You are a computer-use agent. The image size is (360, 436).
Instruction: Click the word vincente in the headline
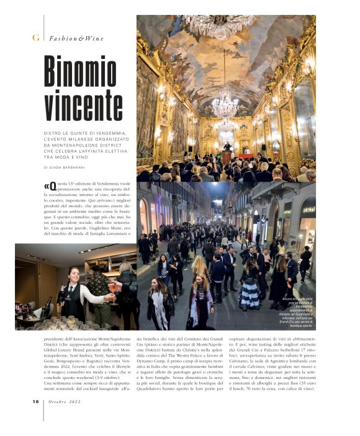(84, 103)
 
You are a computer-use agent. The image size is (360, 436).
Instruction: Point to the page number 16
(36, 401)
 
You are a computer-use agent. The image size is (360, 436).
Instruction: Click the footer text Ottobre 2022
(66, 401)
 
